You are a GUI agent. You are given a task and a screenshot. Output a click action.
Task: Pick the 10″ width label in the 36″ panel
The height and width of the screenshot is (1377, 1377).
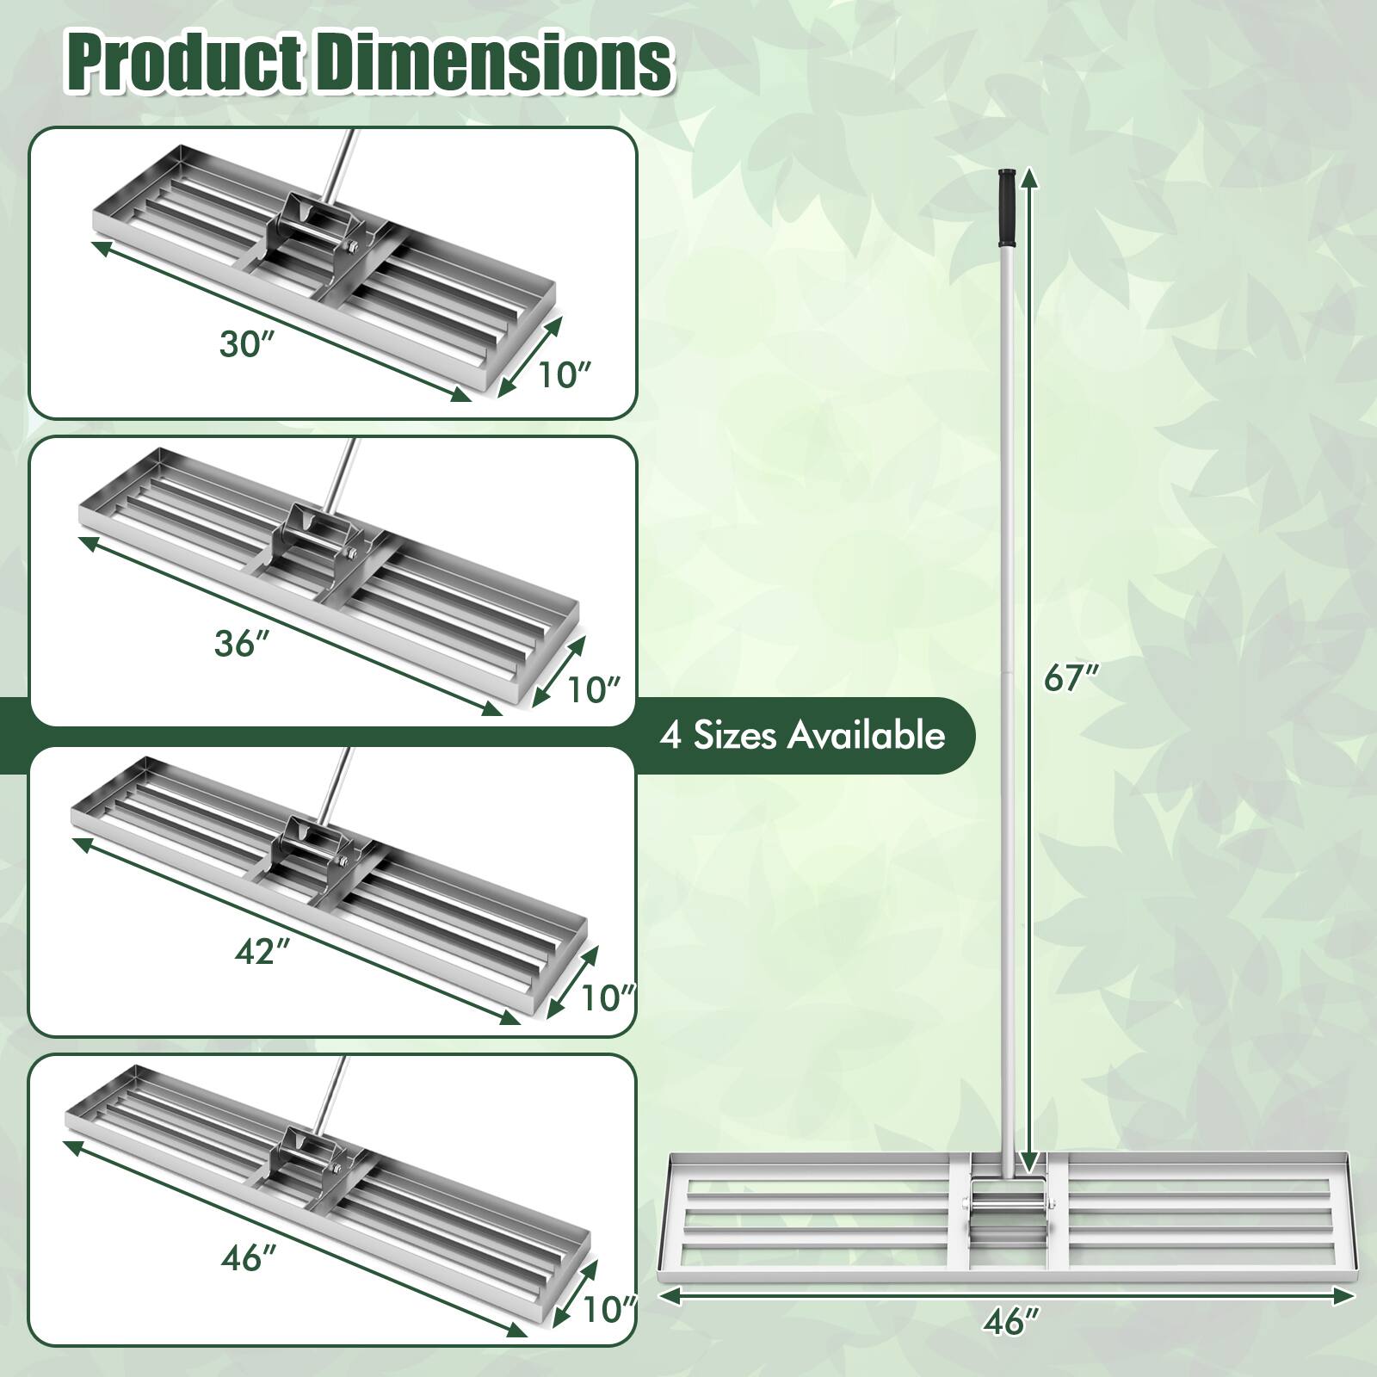pyautogui.click(x=592, y=688)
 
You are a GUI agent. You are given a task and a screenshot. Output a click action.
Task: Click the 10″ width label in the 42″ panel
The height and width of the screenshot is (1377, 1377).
pyautogui.click(x=607, y=997)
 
